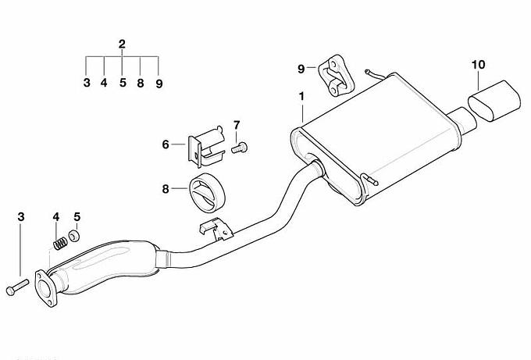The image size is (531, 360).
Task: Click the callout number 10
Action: pos(478,64)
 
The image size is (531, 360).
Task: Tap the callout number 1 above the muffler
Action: pos(301,97)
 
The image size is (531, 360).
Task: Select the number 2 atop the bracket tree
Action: pos(122,44)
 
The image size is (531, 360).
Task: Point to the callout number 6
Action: pos(166,144)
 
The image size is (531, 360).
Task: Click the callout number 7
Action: pos(237,125)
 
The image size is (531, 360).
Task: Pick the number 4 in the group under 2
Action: pos(104,82)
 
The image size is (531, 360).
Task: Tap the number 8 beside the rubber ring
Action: pos(166,189)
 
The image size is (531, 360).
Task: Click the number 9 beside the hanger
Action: pos(301,69)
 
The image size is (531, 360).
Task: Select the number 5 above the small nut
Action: pos(77,217)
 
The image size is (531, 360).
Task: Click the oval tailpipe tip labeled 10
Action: pos(494,101)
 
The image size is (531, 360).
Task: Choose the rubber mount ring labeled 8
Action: pos(207,192)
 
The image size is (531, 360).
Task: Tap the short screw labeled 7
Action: pos(240,148)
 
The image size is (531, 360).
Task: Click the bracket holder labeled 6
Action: pos(206,147)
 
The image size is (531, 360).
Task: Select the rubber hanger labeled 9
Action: pos(335,75)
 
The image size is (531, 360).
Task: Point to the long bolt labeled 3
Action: pos(17,287)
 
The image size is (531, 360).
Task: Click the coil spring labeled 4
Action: pos(60,243)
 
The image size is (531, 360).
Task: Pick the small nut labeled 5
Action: pos(74,236)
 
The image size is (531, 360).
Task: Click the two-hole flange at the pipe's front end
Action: pos(46,288)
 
